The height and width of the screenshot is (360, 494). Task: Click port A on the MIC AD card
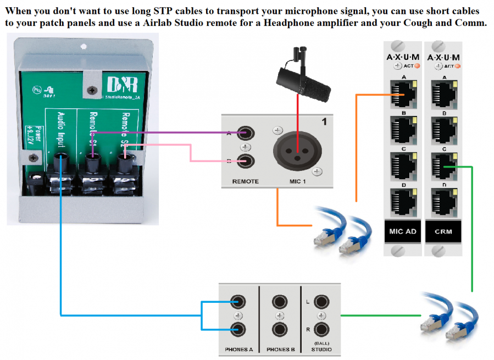tap(402, 94)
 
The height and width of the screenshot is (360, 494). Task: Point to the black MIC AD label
tap(402, 231)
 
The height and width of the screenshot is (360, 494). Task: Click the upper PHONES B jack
tap(280, 302)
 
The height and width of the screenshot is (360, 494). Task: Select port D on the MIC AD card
tap(402, 202)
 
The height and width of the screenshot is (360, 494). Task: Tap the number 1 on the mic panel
tap(324, 121)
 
